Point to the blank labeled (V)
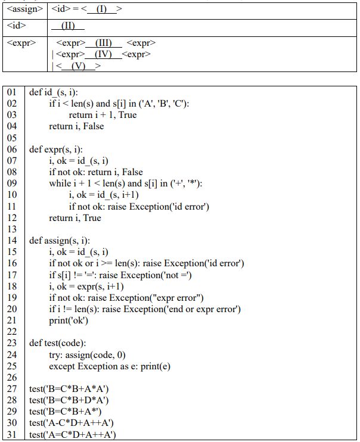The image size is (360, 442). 78,66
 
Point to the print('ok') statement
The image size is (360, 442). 69,320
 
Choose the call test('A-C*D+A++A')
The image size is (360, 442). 72,423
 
